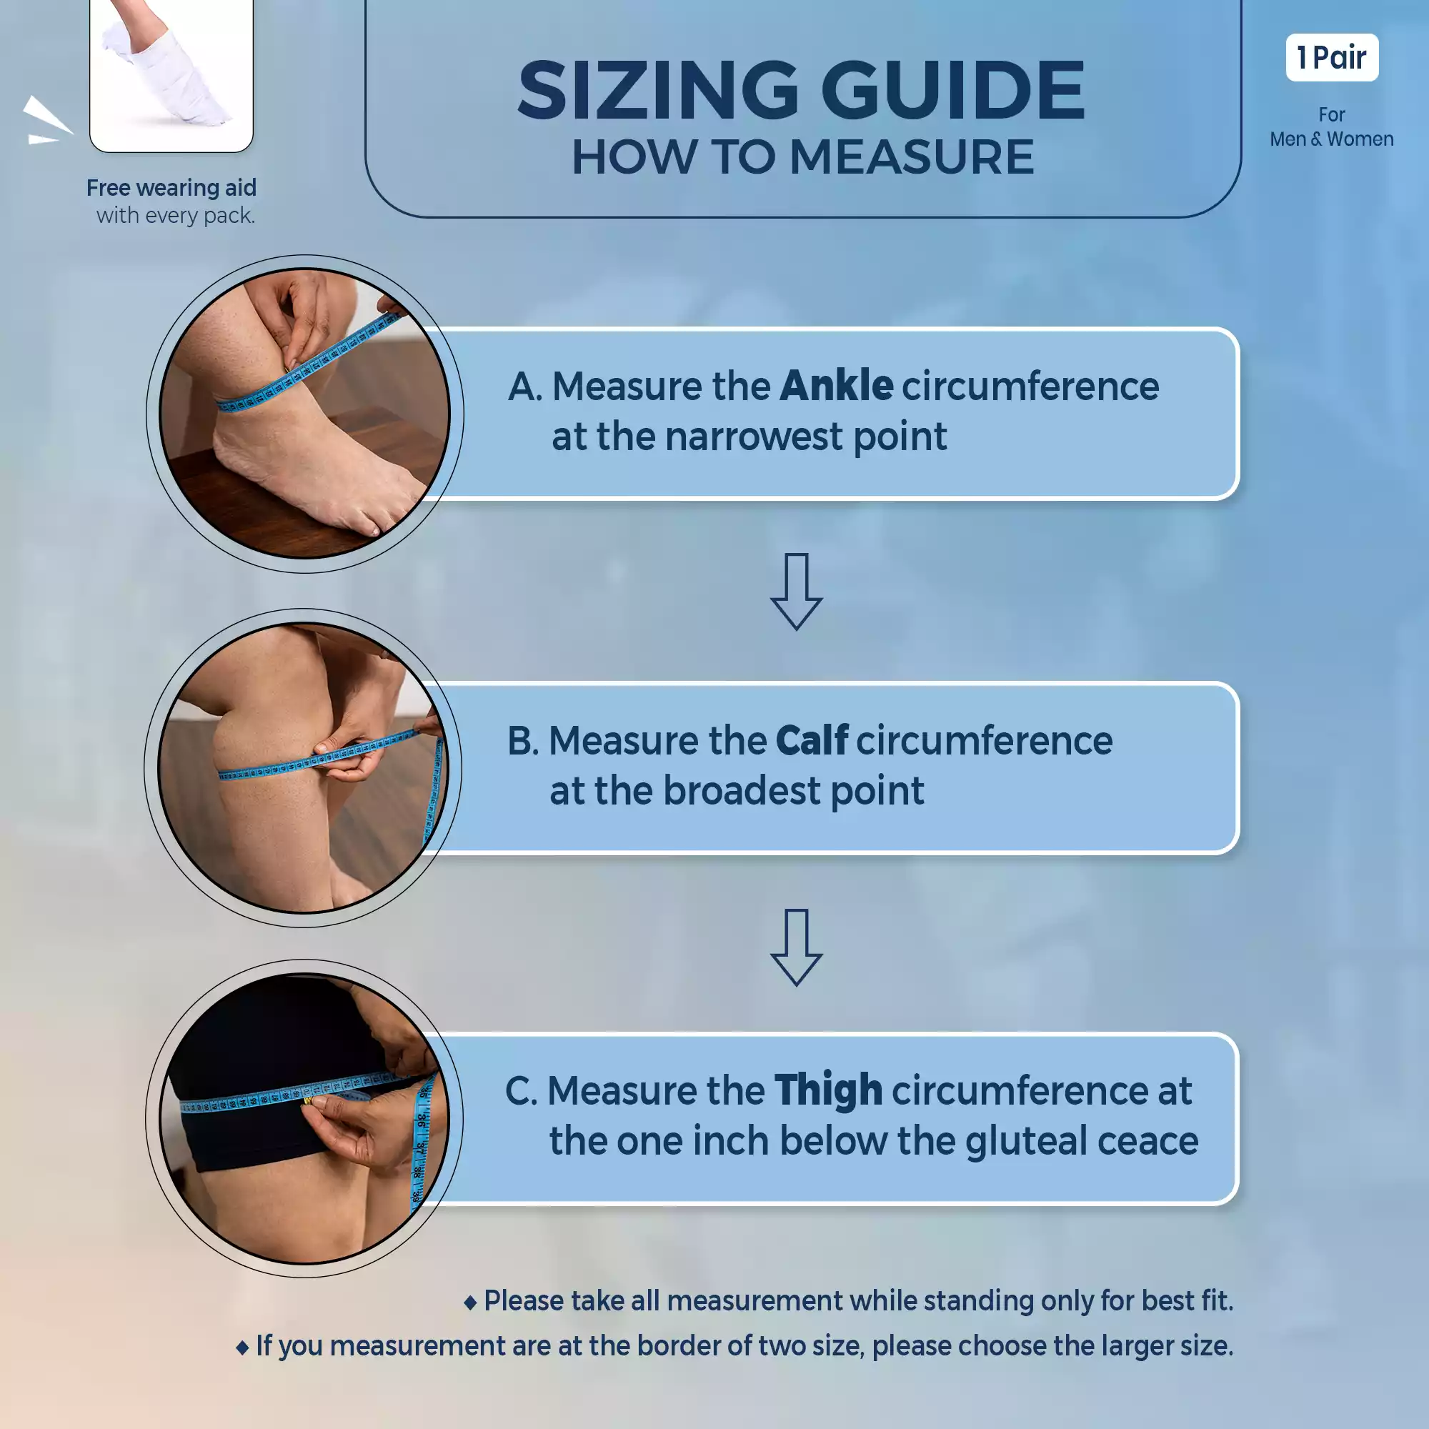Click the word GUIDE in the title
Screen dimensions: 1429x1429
click(952, 90)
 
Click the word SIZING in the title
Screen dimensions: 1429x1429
click(657, 90)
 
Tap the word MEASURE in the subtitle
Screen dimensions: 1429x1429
click(911, 156)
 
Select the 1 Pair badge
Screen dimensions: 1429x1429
click(1331, 57)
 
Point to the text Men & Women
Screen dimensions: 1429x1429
click(1331, 139)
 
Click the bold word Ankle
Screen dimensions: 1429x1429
click(836, 385)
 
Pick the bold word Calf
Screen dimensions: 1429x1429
click(812, 740)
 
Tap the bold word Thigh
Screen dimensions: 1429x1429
click(828, 1092)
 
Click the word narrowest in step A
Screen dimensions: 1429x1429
click(754, 437)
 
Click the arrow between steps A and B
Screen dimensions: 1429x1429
click(796, 591)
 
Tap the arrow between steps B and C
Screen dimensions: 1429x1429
click(796, 947)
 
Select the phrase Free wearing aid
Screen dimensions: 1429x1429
click(171, 188)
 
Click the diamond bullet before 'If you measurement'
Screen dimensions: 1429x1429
click(242, 1348)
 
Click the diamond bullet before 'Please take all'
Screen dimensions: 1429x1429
click(469, 1303)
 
